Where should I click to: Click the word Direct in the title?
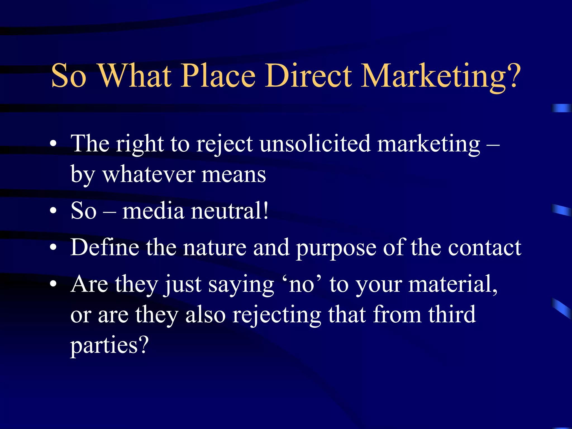coord(308,75)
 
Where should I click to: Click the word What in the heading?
coord(135,75)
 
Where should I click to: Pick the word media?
coord(153,211)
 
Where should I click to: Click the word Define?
coord(105,247)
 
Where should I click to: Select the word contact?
coord(485,247)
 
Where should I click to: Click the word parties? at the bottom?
coord(109,346)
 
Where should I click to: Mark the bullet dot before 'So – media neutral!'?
coord(53,211)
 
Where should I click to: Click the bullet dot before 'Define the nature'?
coord(53,247)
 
